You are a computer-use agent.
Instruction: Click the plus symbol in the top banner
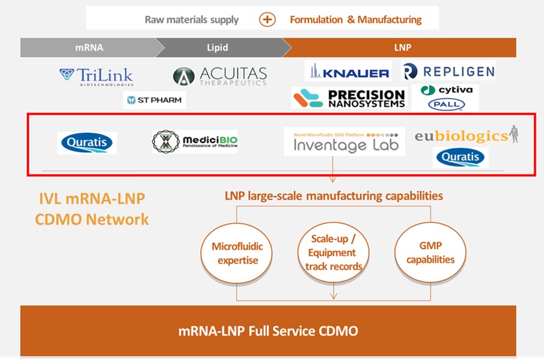[x=267, y=19]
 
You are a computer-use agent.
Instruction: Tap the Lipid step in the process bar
[x=218, y=48]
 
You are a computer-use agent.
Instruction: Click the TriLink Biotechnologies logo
[x=96, y=76]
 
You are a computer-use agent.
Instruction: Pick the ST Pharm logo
[x=154, y=100]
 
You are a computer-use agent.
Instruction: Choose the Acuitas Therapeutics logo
[x=220, y=76]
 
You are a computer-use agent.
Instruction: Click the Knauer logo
[x=349, y=72]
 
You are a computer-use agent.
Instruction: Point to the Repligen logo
[x=449, y=71]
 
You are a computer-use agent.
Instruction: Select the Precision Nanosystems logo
[x=349, y=98]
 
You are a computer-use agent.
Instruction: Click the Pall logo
[x=446, y=105]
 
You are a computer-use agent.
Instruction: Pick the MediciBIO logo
[x=195, y=141]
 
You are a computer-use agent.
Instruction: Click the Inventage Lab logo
[x=344, y=141]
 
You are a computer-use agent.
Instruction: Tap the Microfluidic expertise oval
[x=237, y=253]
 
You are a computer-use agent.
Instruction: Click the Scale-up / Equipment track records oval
[x=333, y=253]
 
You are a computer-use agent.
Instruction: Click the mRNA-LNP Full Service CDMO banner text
[x=268, y=332]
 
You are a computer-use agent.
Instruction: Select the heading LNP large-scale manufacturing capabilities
[x=333, y=195]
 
